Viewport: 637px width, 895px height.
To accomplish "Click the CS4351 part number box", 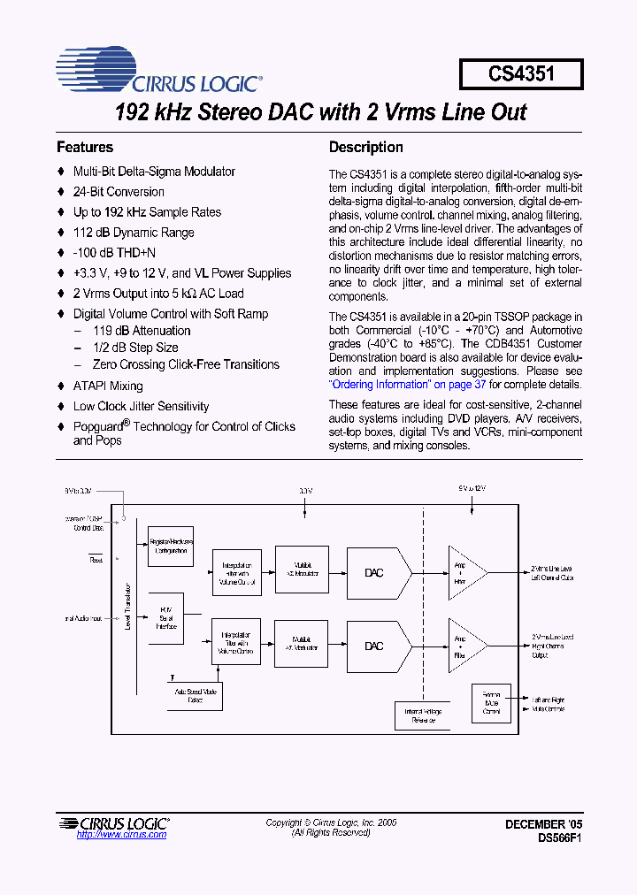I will pos(521,74).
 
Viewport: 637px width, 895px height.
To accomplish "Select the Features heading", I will pos(85,148).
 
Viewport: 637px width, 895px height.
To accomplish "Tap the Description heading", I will pos(365,148).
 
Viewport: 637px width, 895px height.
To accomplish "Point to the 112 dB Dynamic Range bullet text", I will pos(134,233).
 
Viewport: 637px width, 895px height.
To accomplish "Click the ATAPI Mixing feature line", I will pos(108,386).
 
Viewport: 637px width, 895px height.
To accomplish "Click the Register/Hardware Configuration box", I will pos(171,546).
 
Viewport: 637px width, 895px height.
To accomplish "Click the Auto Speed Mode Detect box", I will pos(195,696).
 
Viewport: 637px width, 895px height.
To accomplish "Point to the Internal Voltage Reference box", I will pos(423,715).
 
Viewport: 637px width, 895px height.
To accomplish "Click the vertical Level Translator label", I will pos(130,607).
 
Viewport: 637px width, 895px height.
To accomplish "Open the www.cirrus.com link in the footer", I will pos(121,834).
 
